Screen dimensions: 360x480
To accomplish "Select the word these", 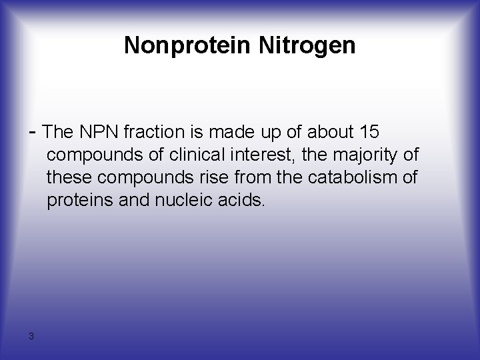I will click(68, 177).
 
